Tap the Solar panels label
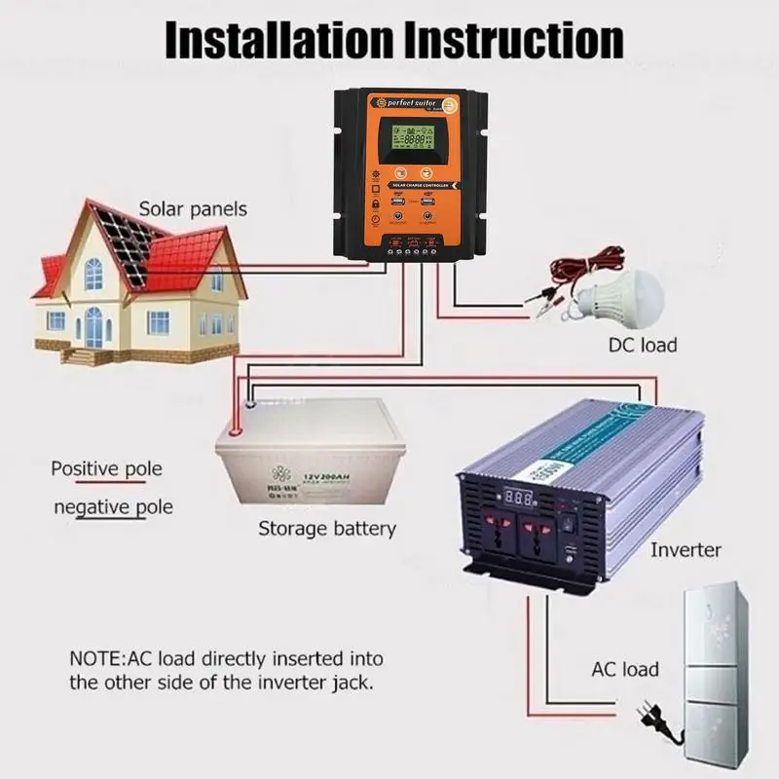pyautogui.click(x=192, y=208)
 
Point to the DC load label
pyautogui.click(x=642, y=345)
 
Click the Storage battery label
pyautogui.click(x=326, y=529)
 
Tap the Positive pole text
pyautogui.click(x=106, y=469)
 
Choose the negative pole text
pyautogui.click(x=113, y=506)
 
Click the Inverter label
pyautogui.click(x=686, y=550)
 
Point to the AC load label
pyautogui.click(x=625, y=669)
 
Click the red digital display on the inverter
pyautogui.click(x=519, y=496)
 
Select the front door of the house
pyautogui.click(x=93, y=325)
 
